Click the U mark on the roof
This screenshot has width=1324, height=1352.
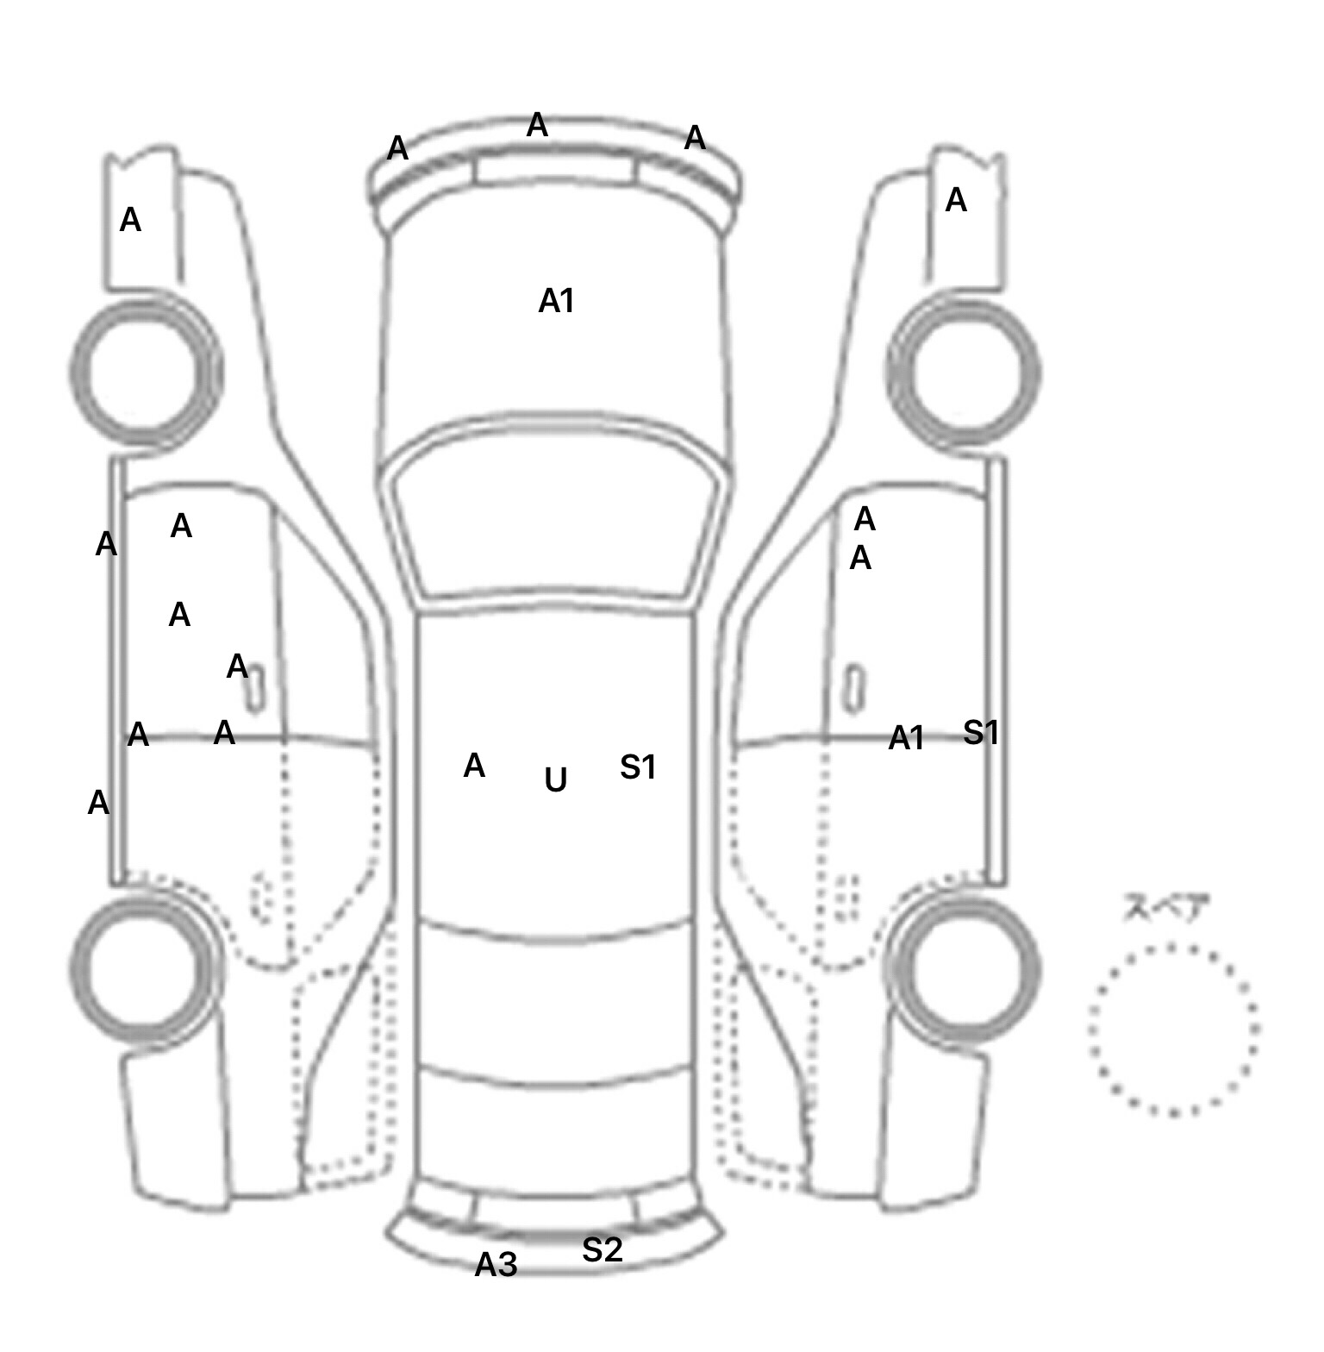click(556, 780)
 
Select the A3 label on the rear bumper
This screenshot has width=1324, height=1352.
click(496, 1265)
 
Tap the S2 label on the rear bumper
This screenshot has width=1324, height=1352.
click(602, 1249)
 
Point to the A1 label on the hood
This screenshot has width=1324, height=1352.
click(556, 301)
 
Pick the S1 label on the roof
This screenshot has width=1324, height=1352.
click(638, 767)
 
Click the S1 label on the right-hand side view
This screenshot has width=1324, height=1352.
click(981, 732)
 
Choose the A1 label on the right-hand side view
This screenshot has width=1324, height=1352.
click(906, 738)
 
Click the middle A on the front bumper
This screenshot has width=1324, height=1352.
click(537, 126)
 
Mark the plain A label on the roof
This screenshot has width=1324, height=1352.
click(474, 766)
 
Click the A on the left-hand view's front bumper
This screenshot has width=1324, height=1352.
click(130, 221)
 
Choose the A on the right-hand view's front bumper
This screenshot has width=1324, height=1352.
click(956, 201)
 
